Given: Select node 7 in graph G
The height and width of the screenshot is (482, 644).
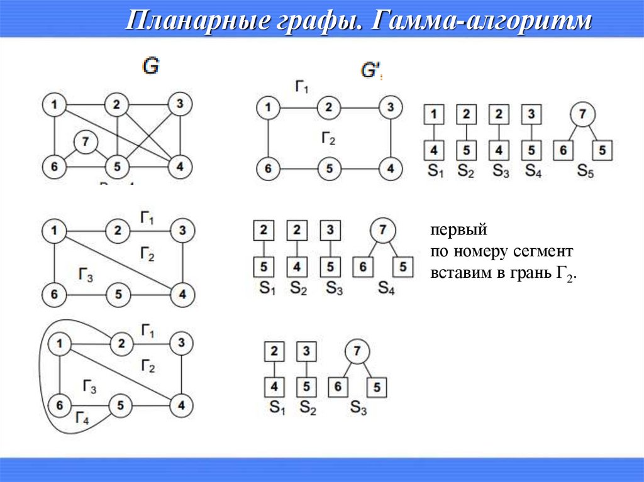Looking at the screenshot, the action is click(84, 143).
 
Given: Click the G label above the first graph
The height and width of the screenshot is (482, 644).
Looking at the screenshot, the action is click(150, 65).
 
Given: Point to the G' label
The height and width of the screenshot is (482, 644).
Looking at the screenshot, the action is click(370, 70).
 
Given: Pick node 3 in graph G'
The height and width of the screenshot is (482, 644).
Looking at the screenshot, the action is click(391, 107).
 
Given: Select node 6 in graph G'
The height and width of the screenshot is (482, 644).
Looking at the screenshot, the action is click(268, 168).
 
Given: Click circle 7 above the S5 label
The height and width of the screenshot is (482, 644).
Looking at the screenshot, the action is click(583, 114).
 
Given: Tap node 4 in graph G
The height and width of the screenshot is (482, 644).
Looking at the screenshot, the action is click(180, 167).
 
